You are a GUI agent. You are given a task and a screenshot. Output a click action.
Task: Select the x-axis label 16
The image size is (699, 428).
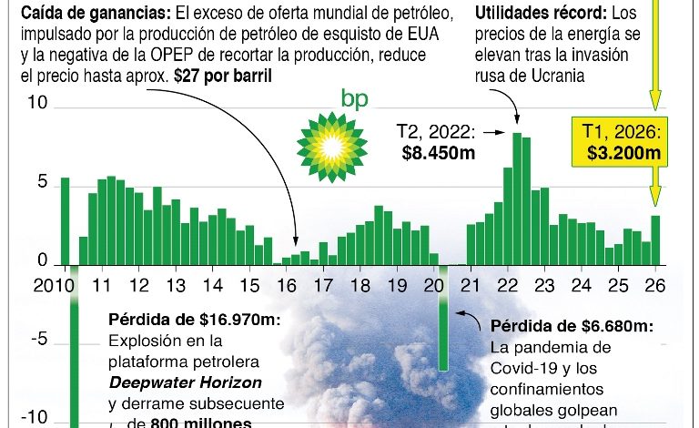coord(287,284)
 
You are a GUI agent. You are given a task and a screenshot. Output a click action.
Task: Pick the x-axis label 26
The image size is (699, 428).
coord(655,284)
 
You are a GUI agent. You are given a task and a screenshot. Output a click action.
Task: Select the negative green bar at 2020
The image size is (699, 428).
coord(443,319)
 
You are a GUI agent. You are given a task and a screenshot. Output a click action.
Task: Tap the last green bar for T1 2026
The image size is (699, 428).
coord(656,239)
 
